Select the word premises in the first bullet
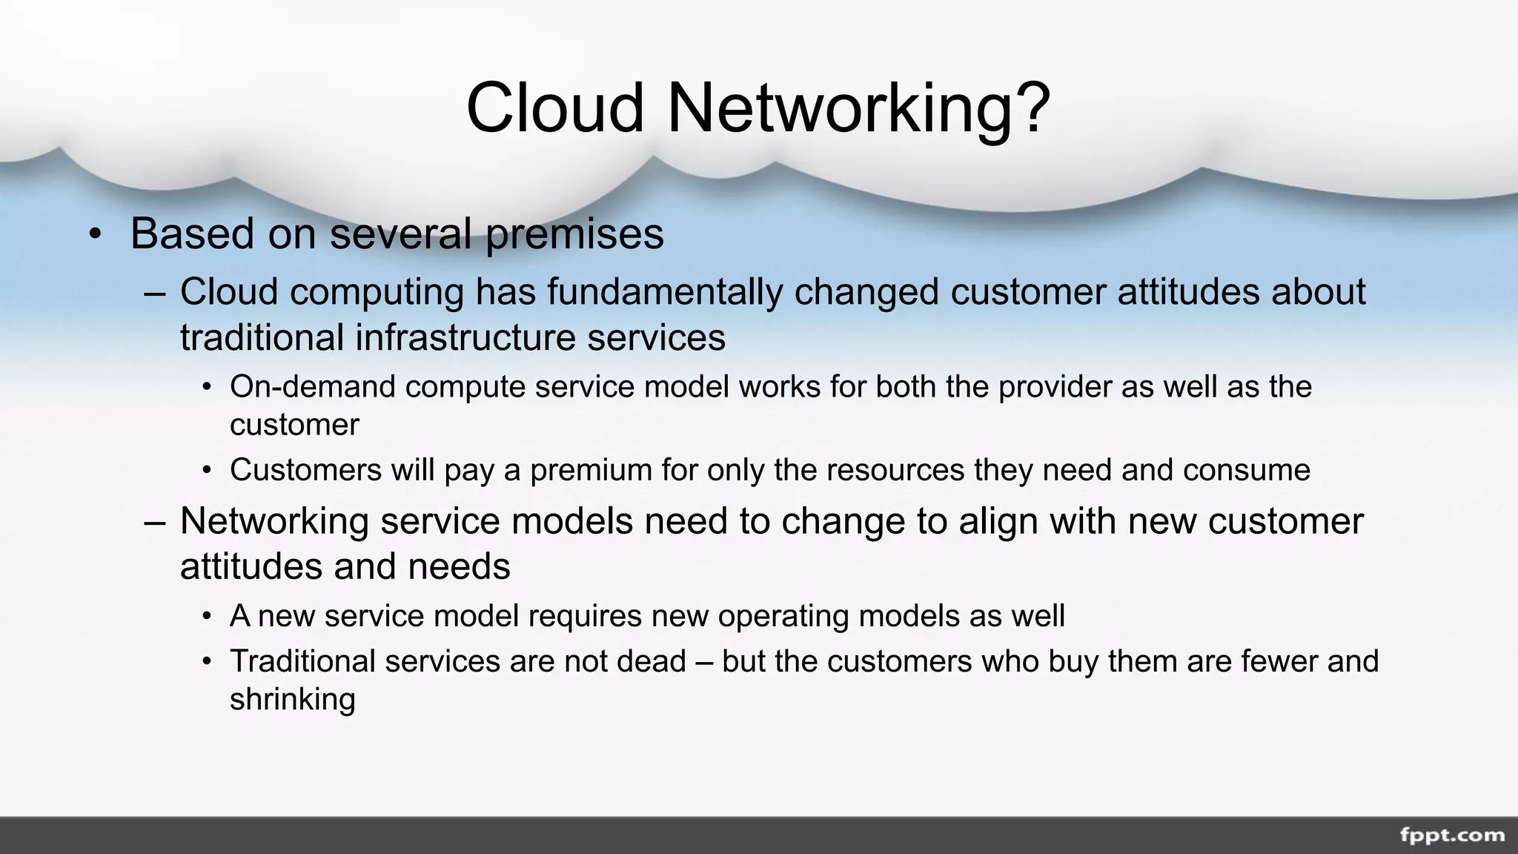tap(574, 234)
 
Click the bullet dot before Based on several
tap(94, 235)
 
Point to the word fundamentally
tap(665, 291)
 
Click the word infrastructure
tap(465, 337)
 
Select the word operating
tap(783, 616)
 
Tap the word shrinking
tap(292, 700)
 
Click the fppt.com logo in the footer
tap(1451, 835)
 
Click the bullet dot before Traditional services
tap(208, 662)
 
